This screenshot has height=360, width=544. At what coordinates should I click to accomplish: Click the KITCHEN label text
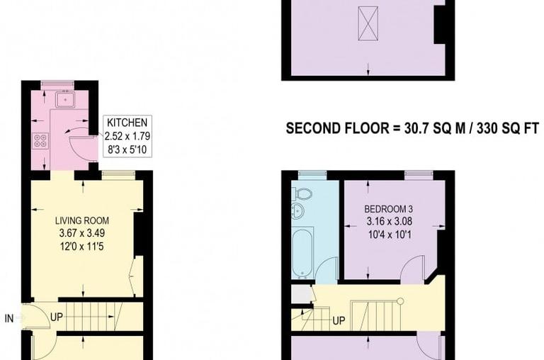[127, 122]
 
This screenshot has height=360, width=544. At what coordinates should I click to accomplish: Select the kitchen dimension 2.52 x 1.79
[127, 135]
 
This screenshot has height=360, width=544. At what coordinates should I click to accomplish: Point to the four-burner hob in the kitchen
[40, 140]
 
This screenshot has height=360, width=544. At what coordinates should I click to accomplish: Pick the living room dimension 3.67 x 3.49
[84, 232]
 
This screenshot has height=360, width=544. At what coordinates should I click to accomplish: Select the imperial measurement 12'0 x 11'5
[84, 245]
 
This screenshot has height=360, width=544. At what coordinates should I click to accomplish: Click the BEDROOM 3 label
[388, 210]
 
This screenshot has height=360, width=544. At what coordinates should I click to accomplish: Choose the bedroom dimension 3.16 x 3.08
[388, 222]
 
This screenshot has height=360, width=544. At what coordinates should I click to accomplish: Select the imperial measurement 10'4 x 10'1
[388, 234]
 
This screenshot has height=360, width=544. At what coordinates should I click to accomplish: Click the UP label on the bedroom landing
[339, 320]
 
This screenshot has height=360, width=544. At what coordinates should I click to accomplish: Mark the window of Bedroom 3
[418, 174]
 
